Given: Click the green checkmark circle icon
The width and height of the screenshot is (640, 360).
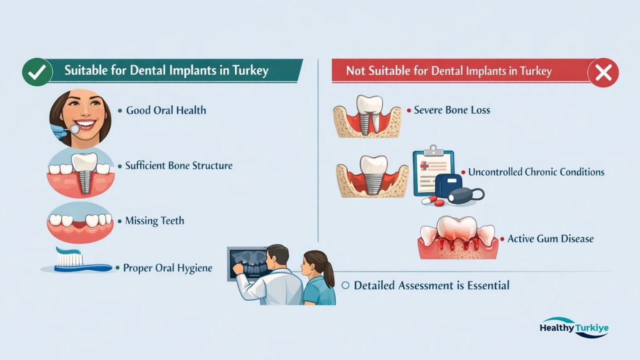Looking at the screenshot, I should tap(37, 72).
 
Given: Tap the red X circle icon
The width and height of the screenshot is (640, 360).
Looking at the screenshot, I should tap(603, 73).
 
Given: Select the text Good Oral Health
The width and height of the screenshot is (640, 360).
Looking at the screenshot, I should tap(165, 110).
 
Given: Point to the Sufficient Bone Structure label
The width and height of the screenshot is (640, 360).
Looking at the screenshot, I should tap(178, 165).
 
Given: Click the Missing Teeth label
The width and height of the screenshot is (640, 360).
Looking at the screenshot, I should tap(154, 221).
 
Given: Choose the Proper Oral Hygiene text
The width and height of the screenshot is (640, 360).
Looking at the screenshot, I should tap(167, 268).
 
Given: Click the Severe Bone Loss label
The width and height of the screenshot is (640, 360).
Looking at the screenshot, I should tap(452, 110).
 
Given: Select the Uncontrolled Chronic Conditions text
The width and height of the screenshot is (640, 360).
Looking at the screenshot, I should tap(536, 172).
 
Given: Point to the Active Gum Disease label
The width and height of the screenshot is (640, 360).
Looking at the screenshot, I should tap(550, 239).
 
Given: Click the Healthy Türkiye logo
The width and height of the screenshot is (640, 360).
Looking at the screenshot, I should tap(574, 328).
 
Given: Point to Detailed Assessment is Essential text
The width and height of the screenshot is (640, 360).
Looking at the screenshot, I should tap(431, 285).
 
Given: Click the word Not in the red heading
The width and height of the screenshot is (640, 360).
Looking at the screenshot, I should tap(355, 71).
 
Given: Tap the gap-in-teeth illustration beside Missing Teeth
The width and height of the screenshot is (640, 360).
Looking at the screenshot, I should tap(80, 222).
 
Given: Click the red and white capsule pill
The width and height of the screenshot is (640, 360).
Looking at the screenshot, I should tap(433, 201).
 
